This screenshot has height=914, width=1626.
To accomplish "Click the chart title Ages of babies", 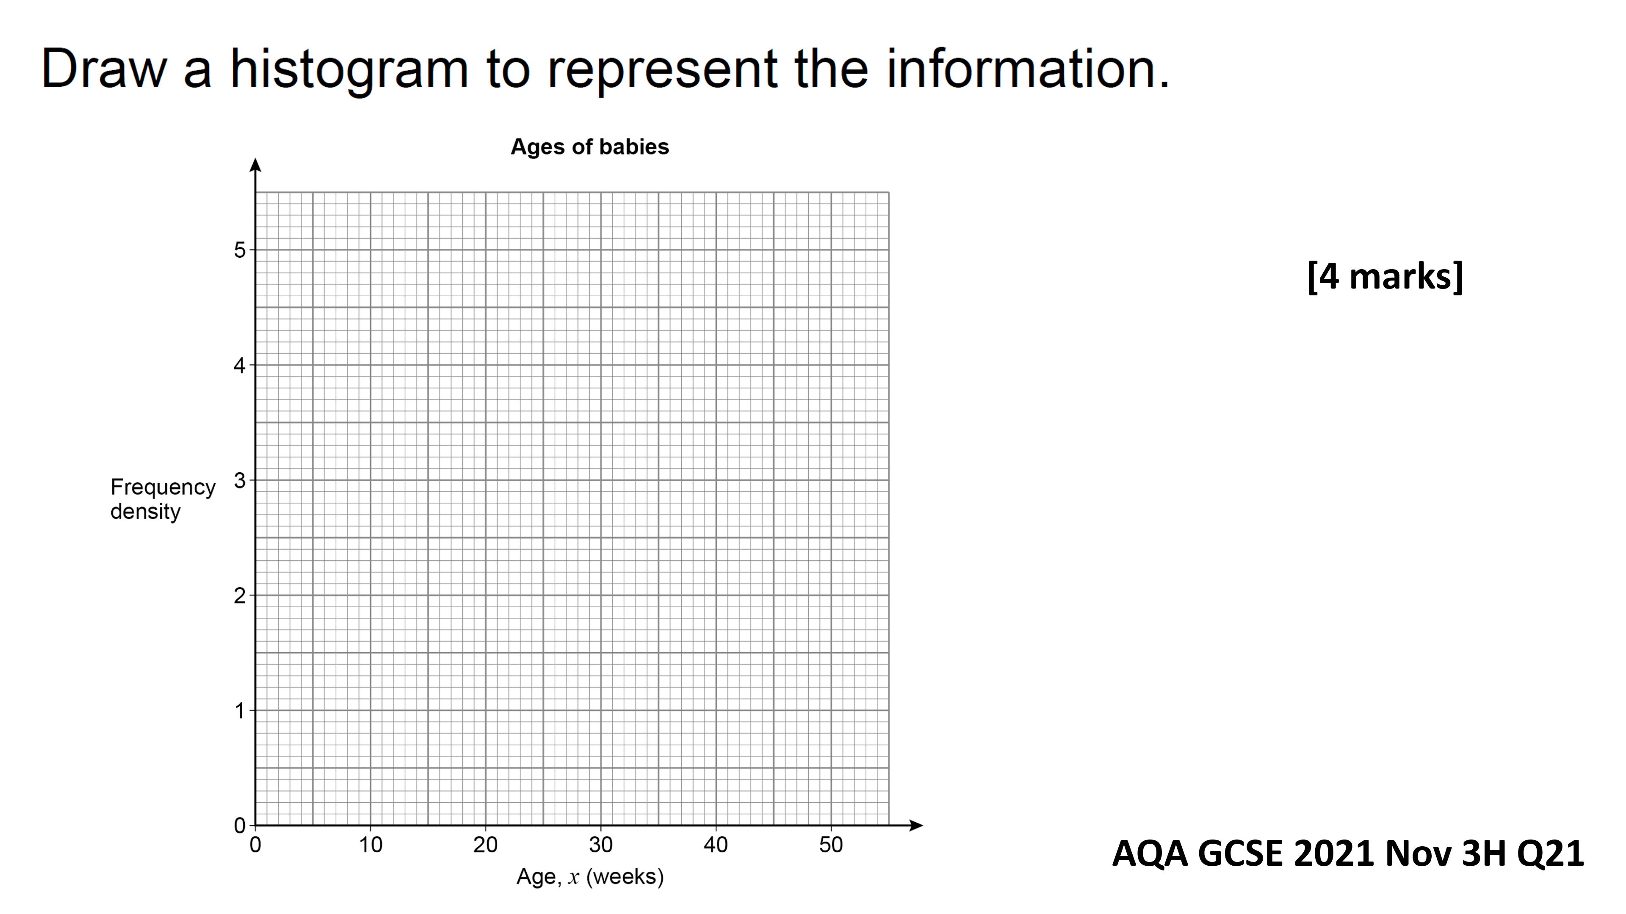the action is pos(589,147).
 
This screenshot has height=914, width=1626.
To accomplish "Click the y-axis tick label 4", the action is pos(239,365).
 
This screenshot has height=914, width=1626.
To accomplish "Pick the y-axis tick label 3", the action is pos(239,481).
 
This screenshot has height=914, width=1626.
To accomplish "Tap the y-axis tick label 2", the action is pos(239,595).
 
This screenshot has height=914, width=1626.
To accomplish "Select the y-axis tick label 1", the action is pos(239,711).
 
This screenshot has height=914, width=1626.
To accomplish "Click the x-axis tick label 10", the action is pos(371,845).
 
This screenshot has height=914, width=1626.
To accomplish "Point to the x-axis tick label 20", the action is pos(485,845).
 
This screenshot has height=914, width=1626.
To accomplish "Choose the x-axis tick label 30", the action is pos(601,845).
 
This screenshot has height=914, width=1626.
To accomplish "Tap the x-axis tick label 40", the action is pos(716,845).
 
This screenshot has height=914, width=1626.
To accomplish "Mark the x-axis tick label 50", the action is pos(831,845).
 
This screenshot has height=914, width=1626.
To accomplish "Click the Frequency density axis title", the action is pos(163,499).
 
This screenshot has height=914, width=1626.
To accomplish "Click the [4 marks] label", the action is pos(1385,276).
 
